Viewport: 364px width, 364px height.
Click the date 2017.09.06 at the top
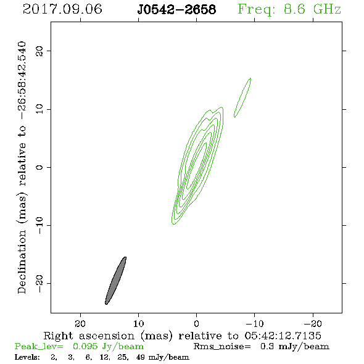[x=62, y=9]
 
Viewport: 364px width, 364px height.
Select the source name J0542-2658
[x=176, y=10]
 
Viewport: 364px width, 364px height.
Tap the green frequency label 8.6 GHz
[x=312, y=9]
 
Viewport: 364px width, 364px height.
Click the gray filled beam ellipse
[x=115, y=281]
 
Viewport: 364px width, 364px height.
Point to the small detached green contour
[x=242, y=97]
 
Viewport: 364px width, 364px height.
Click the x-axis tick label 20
[x=80, y=323]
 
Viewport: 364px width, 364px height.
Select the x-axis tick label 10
[x=139, y=323]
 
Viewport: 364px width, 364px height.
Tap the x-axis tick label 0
[x=196, y=323]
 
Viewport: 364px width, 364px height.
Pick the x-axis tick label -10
[x=255, y=323]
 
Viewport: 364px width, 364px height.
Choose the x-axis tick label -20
[x=313, y=323]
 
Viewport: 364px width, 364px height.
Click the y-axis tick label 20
[x=39, y=51]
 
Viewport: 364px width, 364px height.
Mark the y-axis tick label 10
[x=39, y=109]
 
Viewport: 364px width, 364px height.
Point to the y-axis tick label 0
[x=39, y=167]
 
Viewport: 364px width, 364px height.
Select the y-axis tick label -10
[x=39, y=225]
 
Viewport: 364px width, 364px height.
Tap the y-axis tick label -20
[x=39, y=283]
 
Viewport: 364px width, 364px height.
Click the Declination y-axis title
[x=22, y=167]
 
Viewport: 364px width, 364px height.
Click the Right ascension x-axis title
[x=183, y=336]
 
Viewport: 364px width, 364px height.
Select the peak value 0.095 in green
[x=85, y=346]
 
